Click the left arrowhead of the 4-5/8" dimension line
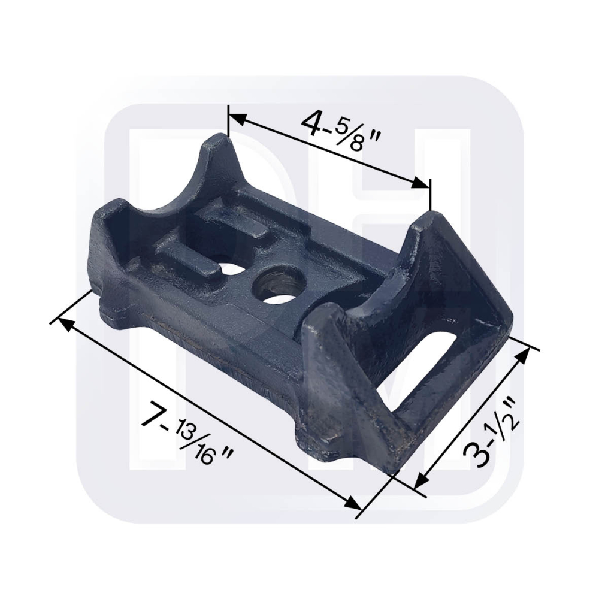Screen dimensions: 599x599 tap(236, 119)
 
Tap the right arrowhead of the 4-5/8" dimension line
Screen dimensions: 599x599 tap(423, 184)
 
